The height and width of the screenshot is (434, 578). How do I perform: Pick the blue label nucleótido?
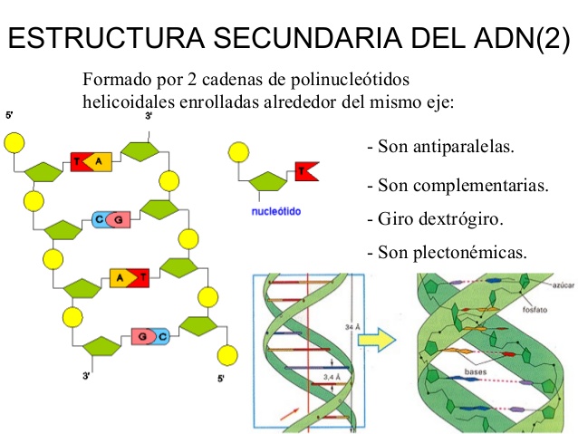(x=276, y=212)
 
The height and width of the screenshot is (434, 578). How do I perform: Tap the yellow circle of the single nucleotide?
(x=239, y=151)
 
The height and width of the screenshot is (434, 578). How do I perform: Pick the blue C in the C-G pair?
(x=99, y=218)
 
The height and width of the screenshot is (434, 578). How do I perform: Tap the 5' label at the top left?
(x=10, y=117)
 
